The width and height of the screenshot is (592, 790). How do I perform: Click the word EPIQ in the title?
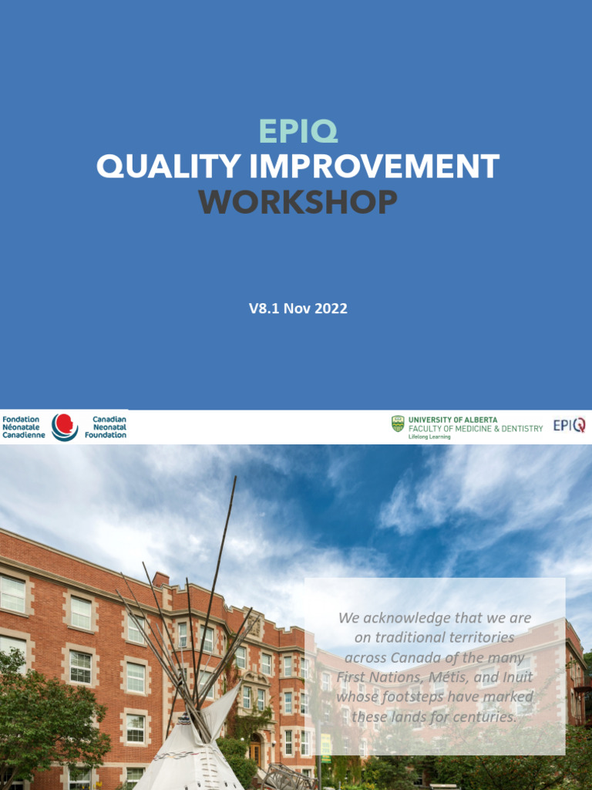coord(298,132)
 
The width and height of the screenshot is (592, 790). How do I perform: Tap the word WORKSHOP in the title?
coord(298,202)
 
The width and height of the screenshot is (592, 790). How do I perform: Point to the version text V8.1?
coord(264,309)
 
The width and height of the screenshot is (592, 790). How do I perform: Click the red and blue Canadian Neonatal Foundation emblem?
coord(65,427)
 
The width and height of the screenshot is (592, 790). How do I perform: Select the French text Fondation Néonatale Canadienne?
coord(24,427)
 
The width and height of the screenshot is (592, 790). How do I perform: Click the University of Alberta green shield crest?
coord(398,424)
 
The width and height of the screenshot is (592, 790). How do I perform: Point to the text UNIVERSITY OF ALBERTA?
coord(452,420)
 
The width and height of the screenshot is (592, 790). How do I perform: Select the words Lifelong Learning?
coord(429,437)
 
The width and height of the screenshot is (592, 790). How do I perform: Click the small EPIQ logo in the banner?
coord(569,425)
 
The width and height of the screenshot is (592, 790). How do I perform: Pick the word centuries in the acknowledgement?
coord(479,717)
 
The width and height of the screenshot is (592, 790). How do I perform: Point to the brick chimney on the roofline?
coord(160,579)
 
